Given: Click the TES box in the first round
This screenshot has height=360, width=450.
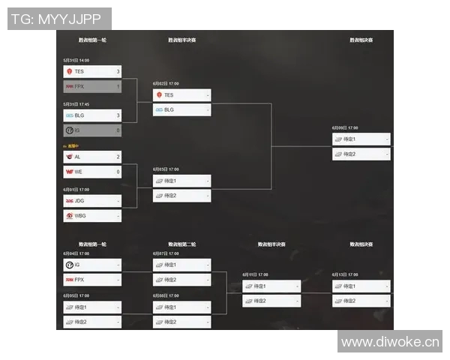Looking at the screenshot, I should [x=92, y=71].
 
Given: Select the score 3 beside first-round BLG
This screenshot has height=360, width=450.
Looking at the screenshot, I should [x=118, y=115].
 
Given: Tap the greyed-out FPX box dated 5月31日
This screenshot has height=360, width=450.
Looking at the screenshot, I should [x=92, y=86].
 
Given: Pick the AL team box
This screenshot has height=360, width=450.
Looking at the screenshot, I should [x=92, y=157].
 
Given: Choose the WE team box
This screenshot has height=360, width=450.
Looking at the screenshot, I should [x=92, y=172].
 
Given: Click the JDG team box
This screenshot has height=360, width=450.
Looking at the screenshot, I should [x=92, y=201].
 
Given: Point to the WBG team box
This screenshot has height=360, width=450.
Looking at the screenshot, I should [x=92, y=216].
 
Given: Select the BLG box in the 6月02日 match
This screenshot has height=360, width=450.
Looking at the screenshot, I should [x=181, y=109].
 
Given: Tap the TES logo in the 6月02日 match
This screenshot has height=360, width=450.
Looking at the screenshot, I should [x=159, y=95].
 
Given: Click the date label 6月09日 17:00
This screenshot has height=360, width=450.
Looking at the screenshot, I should [x=346, y=127].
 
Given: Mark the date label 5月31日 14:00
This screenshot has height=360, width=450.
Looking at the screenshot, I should [x=76, y=60].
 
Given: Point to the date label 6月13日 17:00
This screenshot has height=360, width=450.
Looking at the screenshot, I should [x=346, y=274].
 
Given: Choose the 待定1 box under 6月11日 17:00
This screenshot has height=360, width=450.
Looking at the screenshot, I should [x=271, y=286].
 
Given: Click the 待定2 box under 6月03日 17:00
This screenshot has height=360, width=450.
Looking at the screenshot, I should [x=181, y=196].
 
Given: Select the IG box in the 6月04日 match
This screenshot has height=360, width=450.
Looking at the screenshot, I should [x=92, y=265].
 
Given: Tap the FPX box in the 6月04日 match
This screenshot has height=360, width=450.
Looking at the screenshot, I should [x=92, y=280].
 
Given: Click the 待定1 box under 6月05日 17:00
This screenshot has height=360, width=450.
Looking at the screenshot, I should [x=92, y=307].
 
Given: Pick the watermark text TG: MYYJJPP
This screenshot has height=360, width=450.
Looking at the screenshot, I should [x=60, y=19].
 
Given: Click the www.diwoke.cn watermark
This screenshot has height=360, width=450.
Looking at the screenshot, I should [x=389, y=342].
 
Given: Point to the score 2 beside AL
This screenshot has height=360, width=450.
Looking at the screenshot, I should [x=118, y=157].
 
